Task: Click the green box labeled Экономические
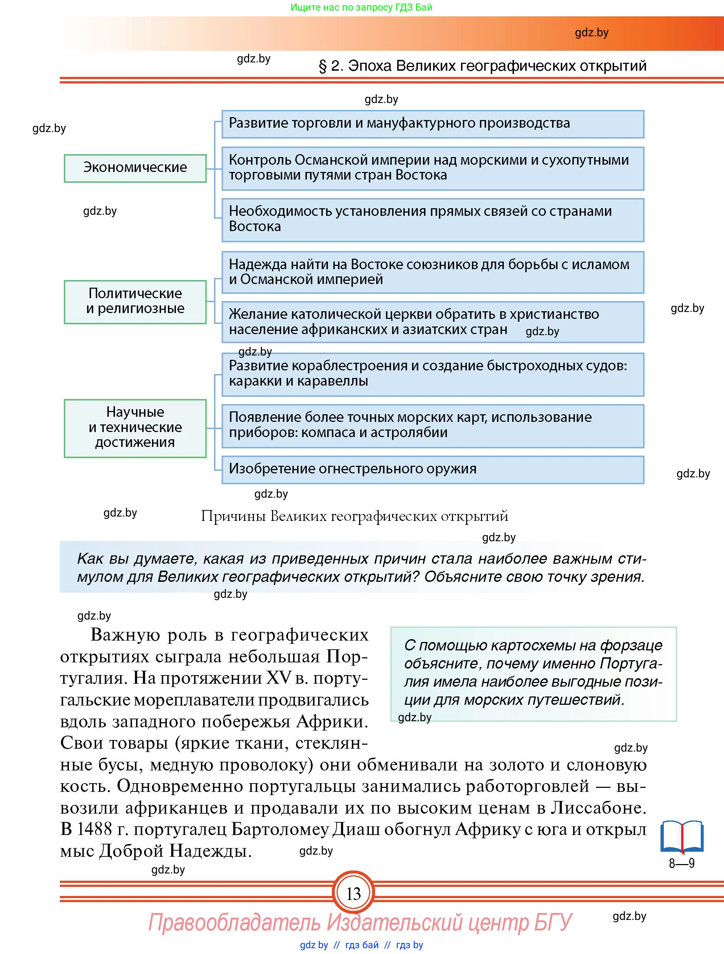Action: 135,168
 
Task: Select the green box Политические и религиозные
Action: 135,301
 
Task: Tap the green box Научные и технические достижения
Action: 135,428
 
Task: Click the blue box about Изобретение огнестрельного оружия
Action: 432,469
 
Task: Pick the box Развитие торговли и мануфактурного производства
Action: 432,124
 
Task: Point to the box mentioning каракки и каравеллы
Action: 432,374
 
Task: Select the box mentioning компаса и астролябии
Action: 432,425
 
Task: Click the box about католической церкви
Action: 432,322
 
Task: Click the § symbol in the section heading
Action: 322,66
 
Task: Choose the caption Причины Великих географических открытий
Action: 354,516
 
